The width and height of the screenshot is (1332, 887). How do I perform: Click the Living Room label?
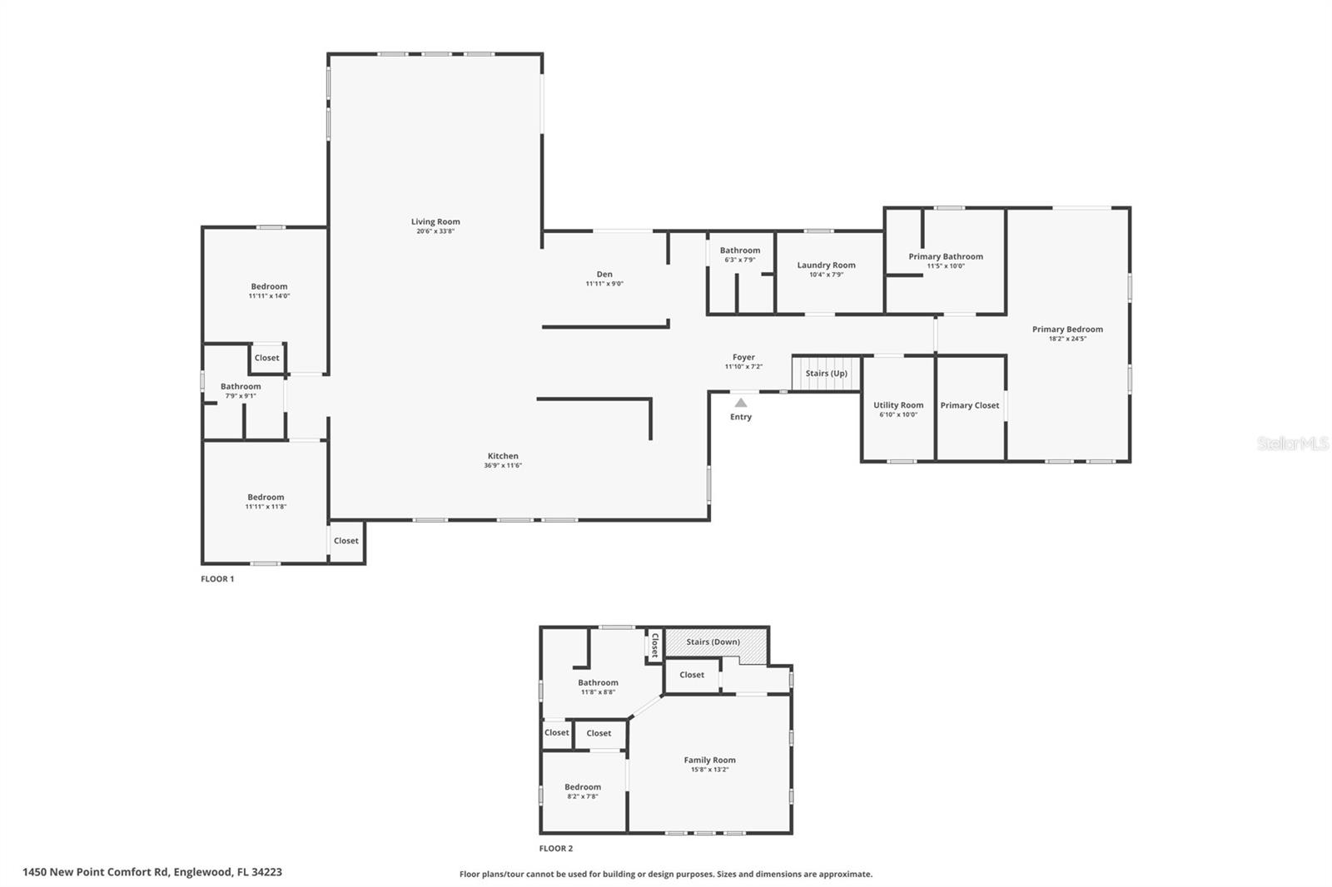point(435,221)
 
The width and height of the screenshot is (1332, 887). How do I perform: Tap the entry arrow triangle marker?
point(741,403)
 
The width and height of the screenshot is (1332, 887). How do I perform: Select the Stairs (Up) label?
point(826,374)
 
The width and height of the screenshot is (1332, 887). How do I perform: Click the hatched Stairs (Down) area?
point(714,642)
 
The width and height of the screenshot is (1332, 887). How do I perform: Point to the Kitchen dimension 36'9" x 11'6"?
point(503,466)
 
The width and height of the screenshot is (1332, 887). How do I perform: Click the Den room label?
point(604,274)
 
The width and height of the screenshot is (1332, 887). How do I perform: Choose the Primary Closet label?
point(970,405)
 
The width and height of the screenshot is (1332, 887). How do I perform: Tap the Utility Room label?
point(898,405)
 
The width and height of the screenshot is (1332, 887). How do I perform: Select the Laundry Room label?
point(826,265)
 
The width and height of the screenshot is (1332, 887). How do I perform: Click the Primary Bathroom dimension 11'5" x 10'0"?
point(946,266)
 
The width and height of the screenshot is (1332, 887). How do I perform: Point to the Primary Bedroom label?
point(1067,330)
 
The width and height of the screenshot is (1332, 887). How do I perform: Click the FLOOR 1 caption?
point(217,579)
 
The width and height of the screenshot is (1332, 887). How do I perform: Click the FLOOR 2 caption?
point(556,849)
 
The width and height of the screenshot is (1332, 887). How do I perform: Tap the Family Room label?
point(710,760)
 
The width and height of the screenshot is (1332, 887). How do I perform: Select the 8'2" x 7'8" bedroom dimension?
point(583,796)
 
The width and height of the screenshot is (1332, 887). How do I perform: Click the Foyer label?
point(743,357)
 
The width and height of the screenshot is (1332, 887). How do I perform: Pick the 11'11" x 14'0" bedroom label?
point(269,286)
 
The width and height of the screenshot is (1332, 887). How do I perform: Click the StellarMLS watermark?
point(1292,444)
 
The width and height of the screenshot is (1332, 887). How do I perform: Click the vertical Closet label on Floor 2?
point(655,645)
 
